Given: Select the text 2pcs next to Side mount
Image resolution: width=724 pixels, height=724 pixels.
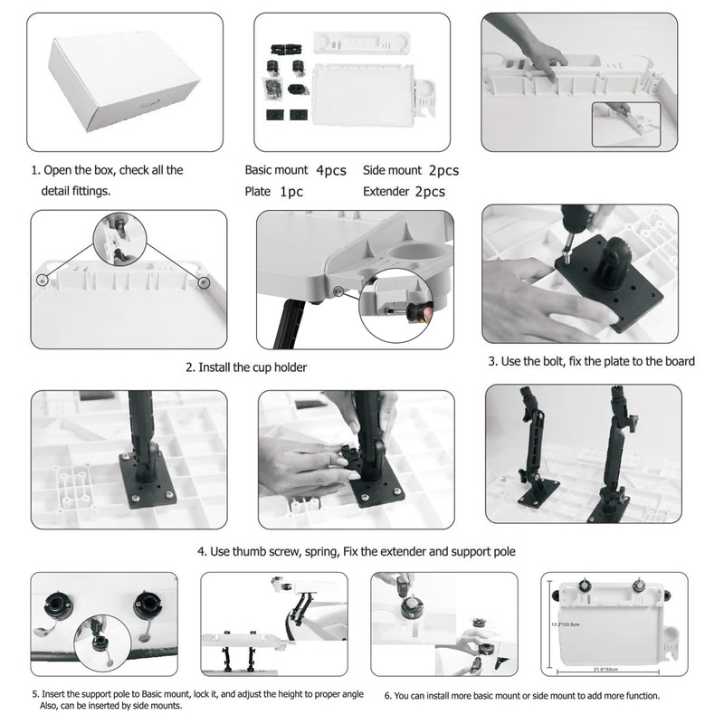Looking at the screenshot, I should pyautogui.click(x=442, y=170).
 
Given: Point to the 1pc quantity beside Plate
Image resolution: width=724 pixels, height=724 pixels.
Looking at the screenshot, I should pyautogui.click(x=291, y=192).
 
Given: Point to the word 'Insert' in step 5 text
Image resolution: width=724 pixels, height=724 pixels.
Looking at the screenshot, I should pyautogui.click(x=54, y=693).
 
